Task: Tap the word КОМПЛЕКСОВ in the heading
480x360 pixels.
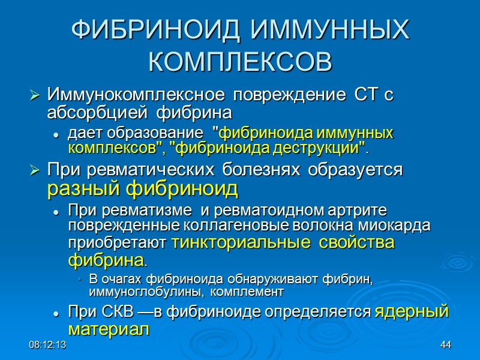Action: pyautogui.click(x=240, y=62)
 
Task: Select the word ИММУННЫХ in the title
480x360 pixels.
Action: pyautogui.click(x=328, y=31)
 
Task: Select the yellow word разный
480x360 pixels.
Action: pyautogui.click(x=85, y=189)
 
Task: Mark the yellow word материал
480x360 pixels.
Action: pyautogui.click(x=107, y=329)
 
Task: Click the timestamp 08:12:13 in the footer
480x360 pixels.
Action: pyautogui.click(x=47, y=346)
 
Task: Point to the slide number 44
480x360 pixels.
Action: pyautogui.click(x=445, y=346)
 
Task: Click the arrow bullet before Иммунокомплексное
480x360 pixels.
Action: pyautogui.click(x=34, y=95)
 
